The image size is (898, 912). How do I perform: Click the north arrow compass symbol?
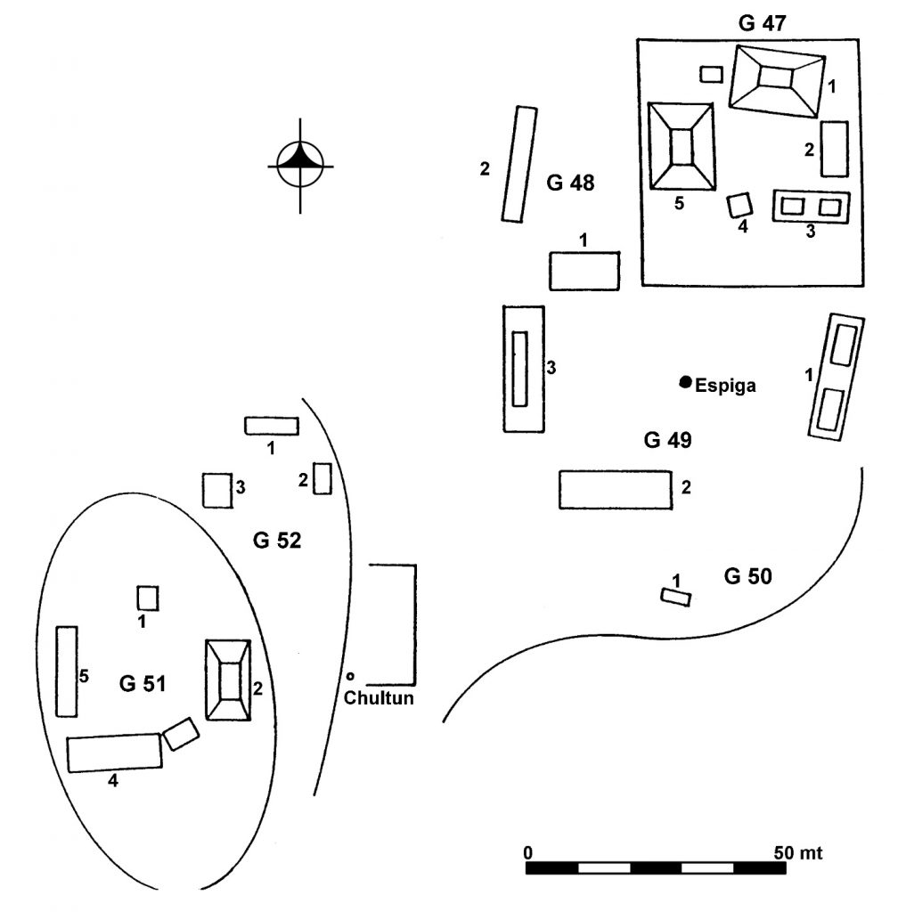(301, 166)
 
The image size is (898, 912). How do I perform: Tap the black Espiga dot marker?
(685, 382)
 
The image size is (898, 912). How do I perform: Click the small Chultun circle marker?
(351, 674)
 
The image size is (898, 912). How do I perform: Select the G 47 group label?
(763, 24)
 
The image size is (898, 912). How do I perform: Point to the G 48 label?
(570, 184)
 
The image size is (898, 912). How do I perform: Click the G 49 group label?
(667, 441)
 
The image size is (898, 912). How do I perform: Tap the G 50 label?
(747, 576)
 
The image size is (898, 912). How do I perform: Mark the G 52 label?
(277, 540)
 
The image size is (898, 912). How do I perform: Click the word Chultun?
(379, 698)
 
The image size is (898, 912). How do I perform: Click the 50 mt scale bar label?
(797, 852)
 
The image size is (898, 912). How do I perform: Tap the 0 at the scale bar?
(529, 852)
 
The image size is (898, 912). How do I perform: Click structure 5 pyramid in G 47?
(682, 146)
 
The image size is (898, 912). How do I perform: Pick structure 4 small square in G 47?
(739, 206)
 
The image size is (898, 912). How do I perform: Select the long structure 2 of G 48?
(519, 164)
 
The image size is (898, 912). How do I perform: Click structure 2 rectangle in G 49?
(615, 490)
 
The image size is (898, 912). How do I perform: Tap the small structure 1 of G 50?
(675, 597)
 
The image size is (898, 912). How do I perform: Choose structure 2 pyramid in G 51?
(230, 680)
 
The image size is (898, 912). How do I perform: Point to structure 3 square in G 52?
(216, 490)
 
